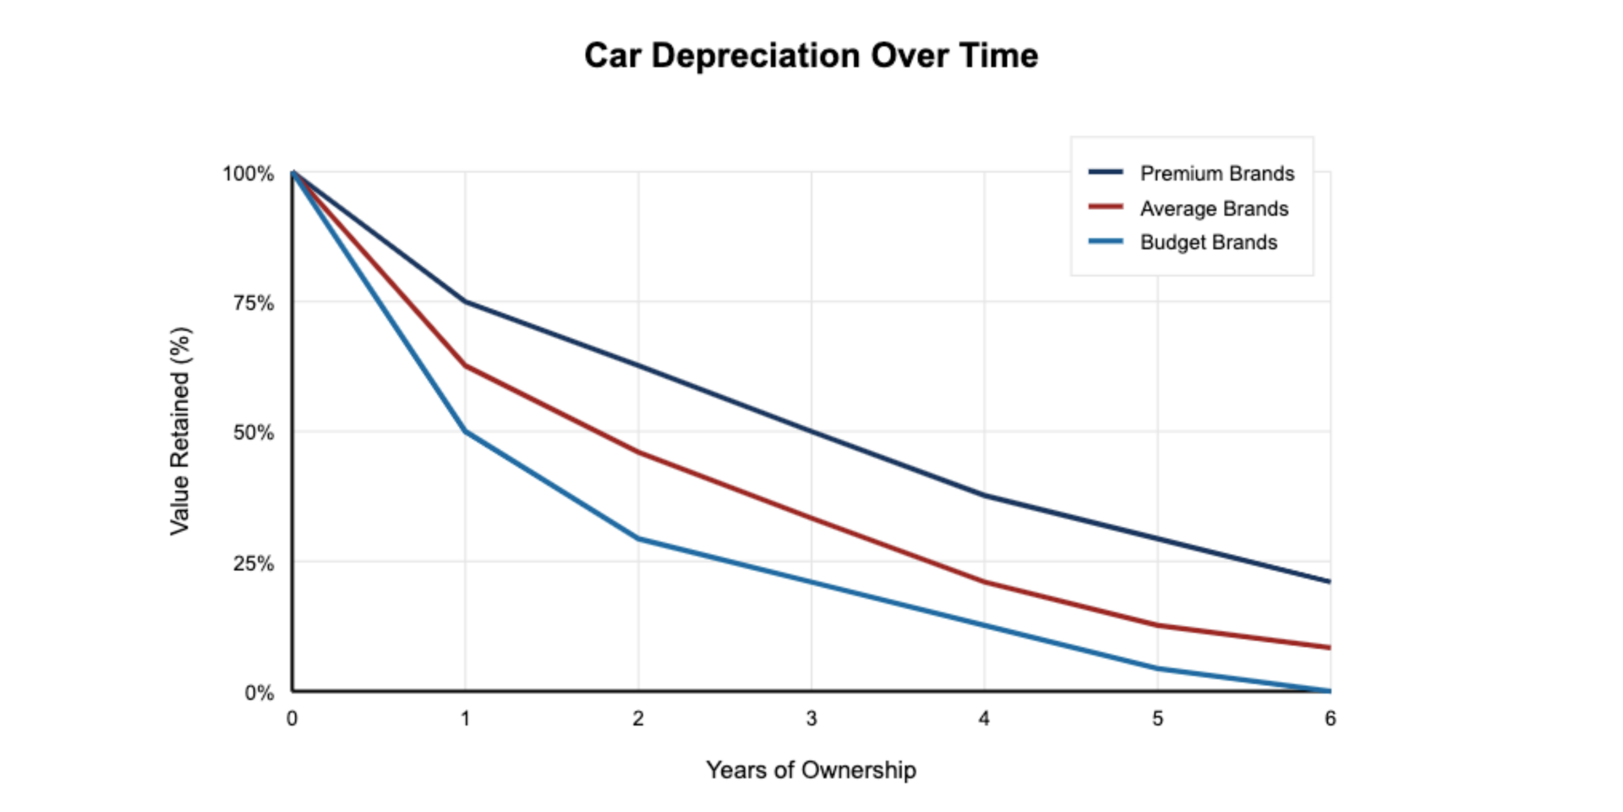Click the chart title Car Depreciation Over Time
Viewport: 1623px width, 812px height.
click(x=811, y=56)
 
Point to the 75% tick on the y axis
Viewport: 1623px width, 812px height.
click(x=254, y=303)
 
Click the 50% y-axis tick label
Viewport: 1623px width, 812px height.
click(x=254, y=432)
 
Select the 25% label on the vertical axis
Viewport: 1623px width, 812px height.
click(x=254, y=563)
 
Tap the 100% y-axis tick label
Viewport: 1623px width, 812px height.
click(x=249, y=173)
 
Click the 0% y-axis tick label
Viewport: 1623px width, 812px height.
click(x=260, y=693)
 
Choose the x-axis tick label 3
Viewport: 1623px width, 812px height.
click(x=811, y=718)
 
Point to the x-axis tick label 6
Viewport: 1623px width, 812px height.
click(x=1330, y=718)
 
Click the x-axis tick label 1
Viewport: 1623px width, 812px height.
click(x=465, y=718)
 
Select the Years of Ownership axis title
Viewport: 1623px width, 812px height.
click(x=811, y=770)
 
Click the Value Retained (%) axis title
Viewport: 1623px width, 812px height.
click(x=181, y=431)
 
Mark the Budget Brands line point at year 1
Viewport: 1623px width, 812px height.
click(x=465, y=431)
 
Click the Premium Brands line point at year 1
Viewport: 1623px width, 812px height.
click(x=465, y=301)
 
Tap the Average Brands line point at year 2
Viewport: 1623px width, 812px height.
click(x=638, y=452)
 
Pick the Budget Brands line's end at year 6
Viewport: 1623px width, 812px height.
click(x=1329, y=690)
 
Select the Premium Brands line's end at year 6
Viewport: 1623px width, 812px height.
click(x=1329, y=581)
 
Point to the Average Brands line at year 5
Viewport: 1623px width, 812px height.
click(x=1157, y=625)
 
